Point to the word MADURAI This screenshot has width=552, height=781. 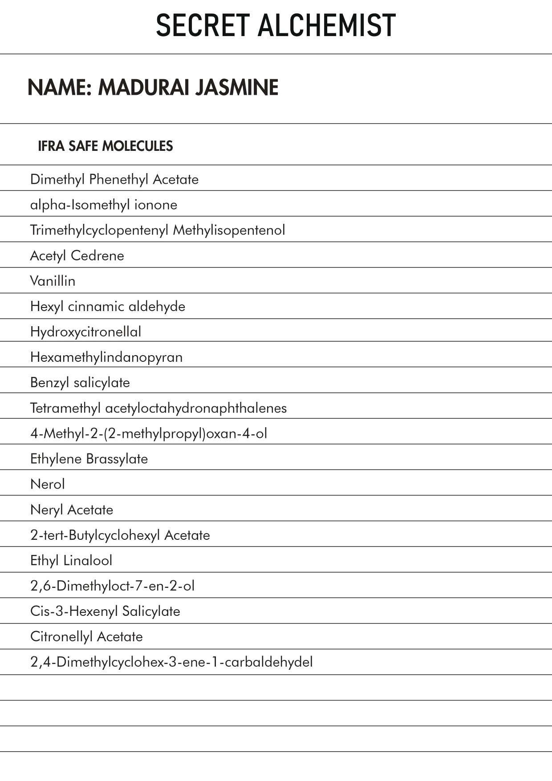145,87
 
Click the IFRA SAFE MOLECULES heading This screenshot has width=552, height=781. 106,146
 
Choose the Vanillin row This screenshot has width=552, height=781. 53,281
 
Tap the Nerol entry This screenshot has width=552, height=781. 48,484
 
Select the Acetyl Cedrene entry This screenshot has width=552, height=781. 77,255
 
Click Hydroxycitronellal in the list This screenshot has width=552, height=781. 85,332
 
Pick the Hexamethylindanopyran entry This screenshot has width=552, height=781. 106,357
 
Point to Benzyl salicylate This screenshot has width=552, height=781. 80,382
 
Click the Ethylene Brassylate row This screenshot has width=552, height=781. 89,458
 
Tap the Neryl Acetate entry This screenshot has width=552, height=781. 72,510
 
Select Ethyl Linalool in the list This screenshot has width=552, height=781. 71,560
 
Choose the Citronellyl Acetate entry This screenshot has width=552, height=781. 86,636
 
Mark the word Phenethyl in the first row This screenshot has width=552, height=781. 118,179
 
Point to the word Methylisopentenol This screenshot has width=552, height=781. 229,230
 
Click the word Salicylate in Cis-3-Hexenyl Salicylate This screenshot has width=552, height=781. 151,611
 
